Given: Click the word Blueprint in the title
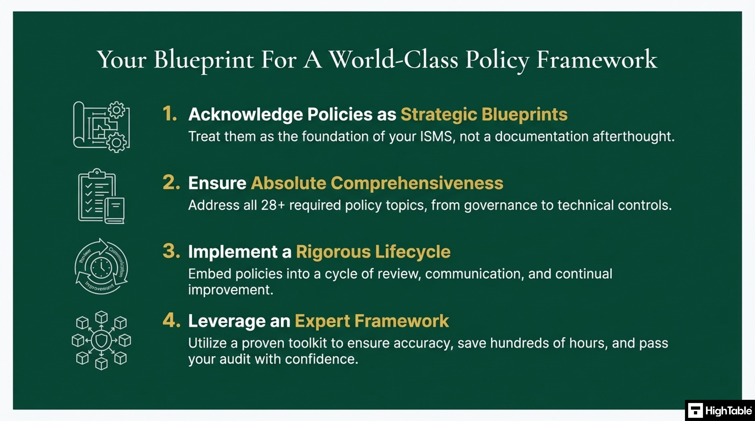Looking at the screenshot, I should (x=204, y=60).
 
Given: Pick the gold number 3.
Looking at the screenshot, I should (x=171, y=251).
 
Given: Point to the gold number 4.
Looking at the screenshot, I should (x=171, y=320).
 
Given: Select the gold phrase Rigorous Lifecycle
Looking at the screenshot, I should (x=373, y=252).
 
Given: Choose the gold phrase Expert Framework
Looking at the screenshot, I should (x=372, y=321).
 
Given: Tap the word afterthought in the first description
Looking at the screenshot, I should (x=633, y=136).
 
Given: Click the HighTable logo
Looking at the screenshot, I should (x=720, y=410).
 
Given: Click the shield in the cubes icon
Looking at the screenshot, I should (x=101, y=340).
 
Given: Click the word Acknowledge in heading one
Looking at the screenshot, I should (x=246, y=114).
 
